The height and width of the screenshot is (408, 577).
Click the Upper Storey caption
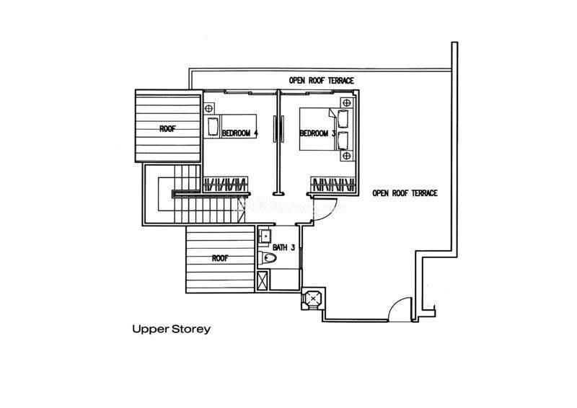pyautogui.click(x=171, y=329)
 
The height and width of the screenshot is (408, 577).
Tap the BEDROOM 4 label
pyautogui.click(x=239, y=133)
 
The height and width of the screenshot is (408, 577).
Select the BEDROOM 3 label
pyautogui.click(x=317, y=133)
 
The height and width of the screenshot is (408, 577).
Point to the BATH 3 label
pyautogui.click(x=284, y=247)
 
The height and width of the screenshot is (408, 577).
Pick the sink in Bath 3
pyautogui.click(x=265, y=236)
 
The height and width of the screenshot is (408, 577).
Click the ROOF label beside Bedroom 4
pyautogui.click(x=167, y=129)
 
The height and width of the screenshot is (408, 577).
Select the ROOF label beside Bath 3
pyautogui.click(x=221, y=258)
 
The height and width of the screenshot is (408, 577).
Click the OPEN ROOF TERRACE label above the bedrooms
pyautogui.click(x=321, y=81)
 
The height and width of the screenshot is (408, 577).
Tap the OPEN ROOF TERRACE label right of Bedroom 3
pyautogui.click(x=405, y=193)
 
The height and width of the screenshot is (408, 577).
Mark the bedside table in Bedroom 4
pyautogui.click(x=210, y=109)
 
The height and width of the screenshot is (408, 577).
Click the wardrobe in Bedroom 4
pyautogui.click(x=226, y=184)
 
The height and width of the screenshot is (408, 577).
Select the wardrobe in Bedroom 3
pyautogui.click(x=334, y=184)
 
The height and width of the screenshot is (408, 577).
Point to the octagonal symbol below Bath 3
pyautogui.click(x=314, y=298)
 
